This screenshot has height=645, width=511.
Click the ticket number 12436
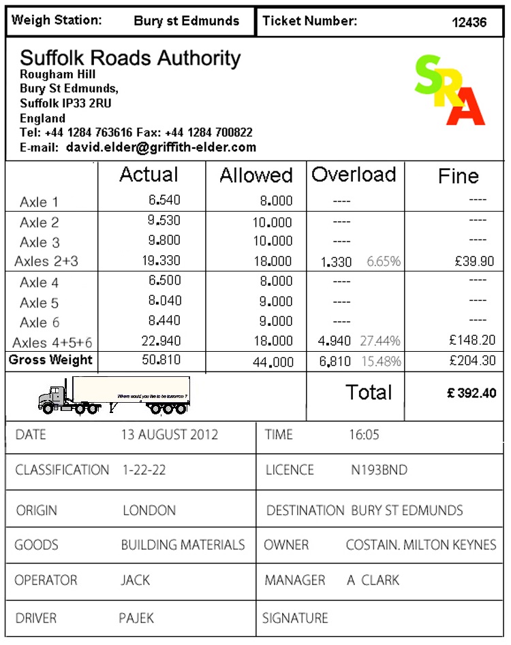pos(469,22)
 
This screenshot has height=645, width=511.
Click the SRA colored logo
pos(450,90)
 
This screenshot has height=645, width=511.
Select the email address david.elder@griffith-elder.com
pos(161,147)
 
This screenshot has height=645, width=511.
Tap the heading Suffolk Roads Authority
pos(130,58)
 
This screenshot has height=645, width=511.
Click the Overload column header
pos(354,175)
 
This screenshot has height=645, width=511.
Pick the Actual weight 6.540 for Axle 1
pos(165,201)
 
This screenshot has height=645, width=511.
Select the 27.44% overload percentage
pos(380,341)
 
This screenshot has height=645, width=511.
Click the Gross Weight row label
pos(50,360)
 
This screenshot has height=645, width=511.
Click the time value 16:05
pos(364,435)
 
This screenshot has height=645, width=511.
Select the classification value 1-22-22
pos(144,470)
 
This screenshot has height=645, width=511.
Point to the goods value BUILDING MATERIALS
pos(183,545)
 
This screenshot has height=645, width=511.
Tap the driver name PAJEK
pos(136,618)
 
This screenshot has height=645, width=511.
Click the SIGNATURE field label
pos(295,618)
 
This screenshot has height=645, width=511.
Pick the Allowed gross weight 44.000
pos(273,363)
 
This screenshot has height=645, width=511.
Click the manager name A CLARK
pos(373,580)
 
